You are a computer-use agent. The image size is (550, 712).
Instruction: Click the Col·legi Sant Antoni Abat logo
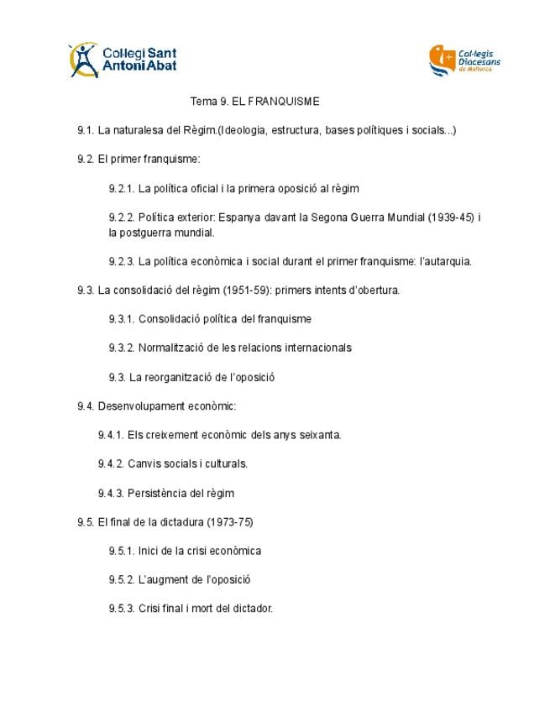point(123,60)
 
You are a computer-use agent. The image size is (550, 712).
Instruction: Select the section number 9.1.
point(86,130)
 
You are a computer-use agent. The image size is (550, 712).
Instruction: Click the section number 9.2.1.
point(123,189)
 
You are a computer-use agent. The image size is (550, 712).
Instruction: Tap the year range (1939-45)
point(451,217)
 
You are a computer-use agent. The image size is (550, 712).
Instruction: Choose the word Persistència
point(161,493)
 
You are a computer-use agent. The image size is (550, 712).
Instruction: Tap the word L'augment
point(162,579)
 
